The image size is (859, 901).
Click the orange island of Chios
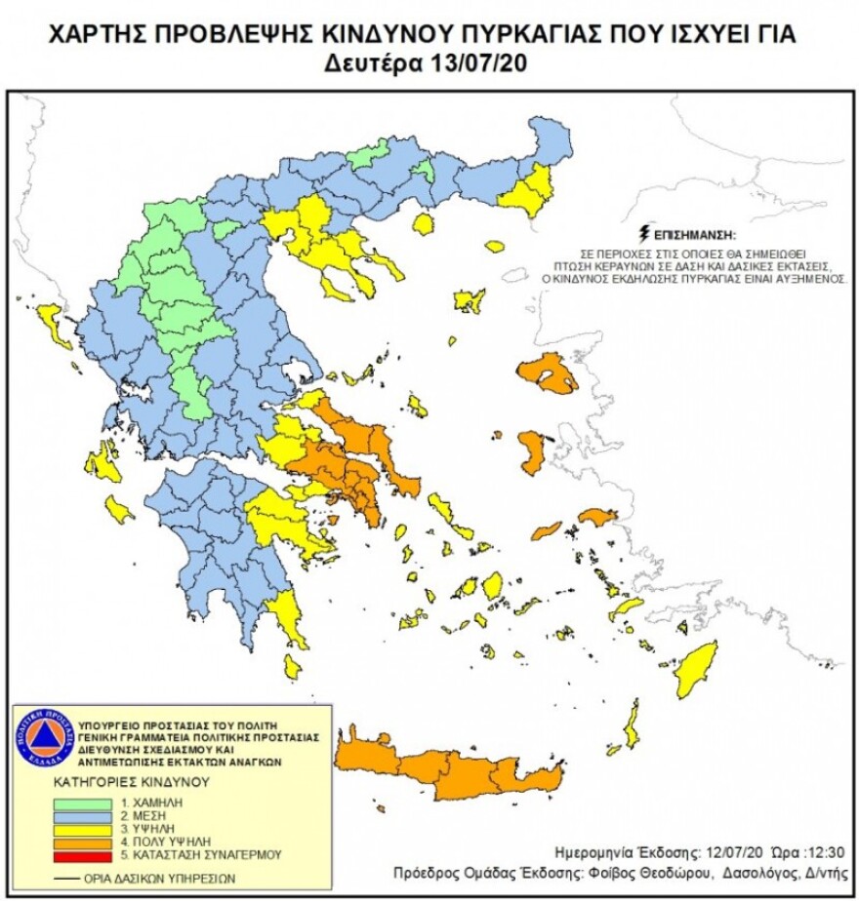click(x=532, y=451)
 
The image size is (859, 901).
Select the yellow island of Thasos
click(x=423, y=224)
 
